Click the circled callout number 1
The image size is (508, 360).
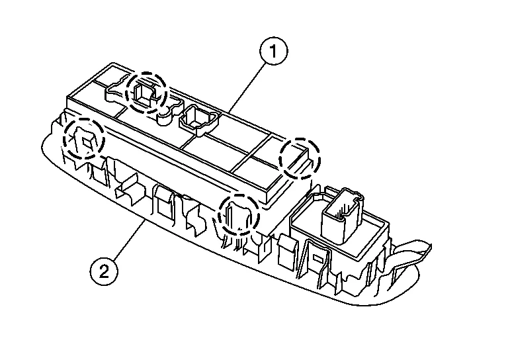click(273, 52)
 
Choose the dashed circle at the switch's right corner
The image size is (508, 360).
click(299, 157)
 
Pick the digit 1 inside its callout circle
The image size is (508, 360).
click(273, 52)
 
